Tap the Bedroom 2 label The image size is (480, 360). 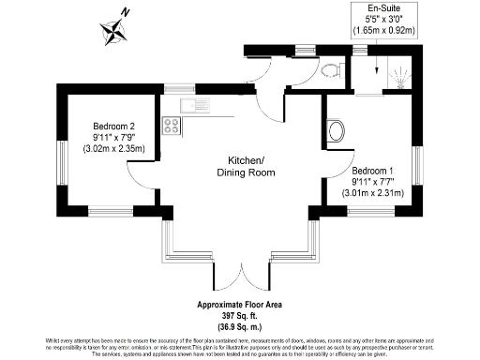click(114, 127)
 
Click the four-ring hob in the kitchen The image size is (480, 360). click(172, 125)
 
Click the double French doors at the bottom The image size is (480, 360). click(242, 272)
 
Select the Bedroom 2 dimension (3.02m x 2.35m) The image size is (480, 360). click(114, 148)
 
